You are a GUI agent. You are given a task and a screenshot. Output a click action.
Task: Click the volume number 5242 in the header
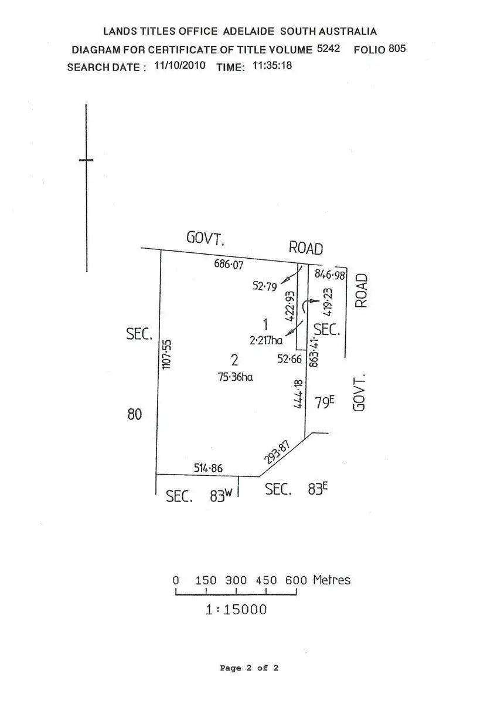pyautogui.click(x=328, y=49)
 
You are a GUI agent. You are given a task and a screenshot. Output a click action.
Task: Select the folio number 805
pyautogui.click(x=397, y=49)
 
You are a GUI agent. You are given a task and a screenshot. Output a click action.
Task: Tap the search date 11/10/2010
pyautogui.click(x=179, y=66)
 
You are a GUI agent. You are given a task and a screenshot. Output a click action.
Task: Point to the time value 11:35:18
pyautogui.click(x=272, y=66)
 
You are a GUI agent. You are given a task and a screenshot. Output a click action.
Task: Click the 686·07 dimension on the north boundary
pyautogui.click(x=229, y=265)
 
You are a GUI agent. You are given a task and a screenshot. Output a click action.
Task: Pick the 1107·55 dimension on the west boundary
pyautogui.click(x=166, y=354)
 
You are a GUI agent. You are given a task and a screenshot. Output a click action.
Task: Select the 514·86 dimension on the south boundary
pyautogui.click(x=208, y=468)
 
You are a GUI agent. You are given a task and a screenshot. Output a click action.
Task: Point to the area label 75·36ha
pyautogui.click(x=235, y=377)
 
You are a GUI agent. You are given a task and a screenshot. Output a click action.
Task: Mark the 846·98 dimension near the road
pyautogui.click(x=331, y=274)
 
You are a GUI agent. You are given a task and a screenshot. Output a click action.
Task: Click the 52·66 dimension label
pyautogui.click(x=289, y=359)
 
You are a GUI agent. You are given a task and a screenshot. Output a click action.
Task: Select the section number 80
pyautogui.click(x=135, y=415)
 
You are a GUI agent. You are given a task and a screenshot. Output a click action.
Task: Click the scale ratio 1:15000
pyautogui.click(x=236, y=610)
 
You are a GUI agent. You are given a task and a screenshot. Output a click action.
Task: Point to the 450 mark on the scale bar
pyautogui.click(x=266, y=580)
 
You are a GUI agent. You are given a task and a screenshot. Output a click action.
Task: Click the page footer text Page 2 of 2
pyautogui.click(x=249, y=668)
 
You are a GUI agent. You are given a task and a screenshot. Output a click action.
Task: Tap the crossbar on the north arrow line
pyautogui.click(x=86, y=160)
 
